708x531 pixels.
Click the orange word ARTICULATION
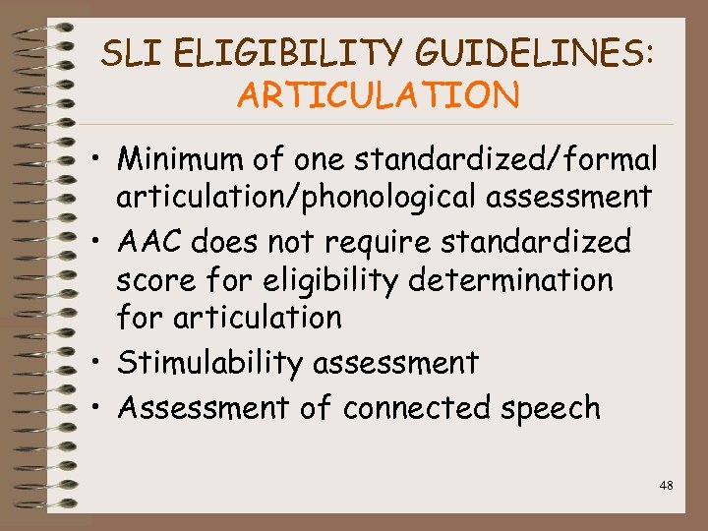click(378, 95)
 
